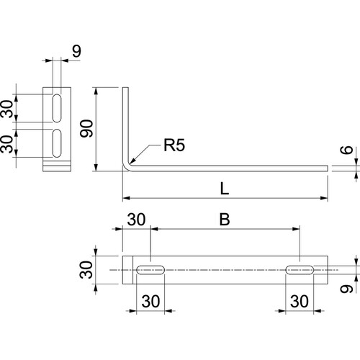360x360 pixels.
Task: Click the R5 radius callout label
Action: point(174,145)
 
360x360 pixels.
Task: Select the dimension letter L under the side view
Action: point(225,189)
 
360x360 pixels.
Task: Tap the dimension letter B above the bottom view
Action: point(225,219)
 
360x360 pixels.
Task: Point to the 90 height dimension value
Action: point(86,129)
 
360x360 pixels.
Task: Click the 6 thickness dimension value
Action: point(346,150)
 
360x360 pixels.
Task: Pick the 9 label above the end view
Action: point(77,51)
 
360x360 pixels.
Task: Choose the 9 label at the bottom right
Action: point(346,289)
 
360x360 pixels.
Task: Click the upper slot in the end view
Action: point(57,108)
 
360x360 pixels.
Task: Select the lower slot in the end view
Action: point(57,143)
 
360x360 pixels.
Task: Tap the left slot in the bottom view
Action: point(150,270)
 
